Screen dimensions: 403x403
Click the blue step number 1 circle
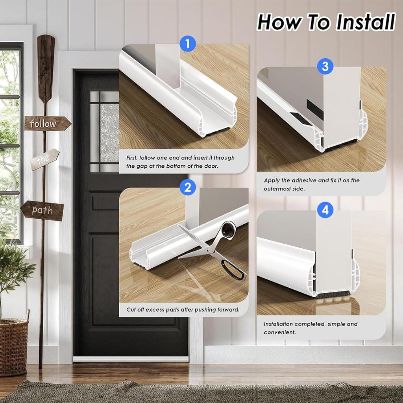188,44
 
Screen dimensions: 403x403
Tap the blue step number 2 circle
188,187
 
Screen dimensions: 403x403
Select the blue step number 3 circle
325,66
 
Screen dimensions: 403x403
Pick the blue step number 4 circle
325,210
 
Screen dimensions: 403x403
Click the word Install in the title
365,22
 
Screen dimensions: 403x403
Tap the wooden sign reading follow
48,124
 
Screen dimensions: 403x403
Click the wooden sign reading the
44,159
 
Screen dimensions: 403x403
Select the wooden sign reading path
42,211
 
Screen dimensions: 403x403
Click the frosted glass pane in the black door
109,133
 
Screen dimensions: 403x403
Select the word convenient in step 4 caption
280,332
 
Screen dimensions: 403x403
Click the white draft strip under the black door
131,359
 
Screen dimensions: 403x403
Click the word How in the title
279,22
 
